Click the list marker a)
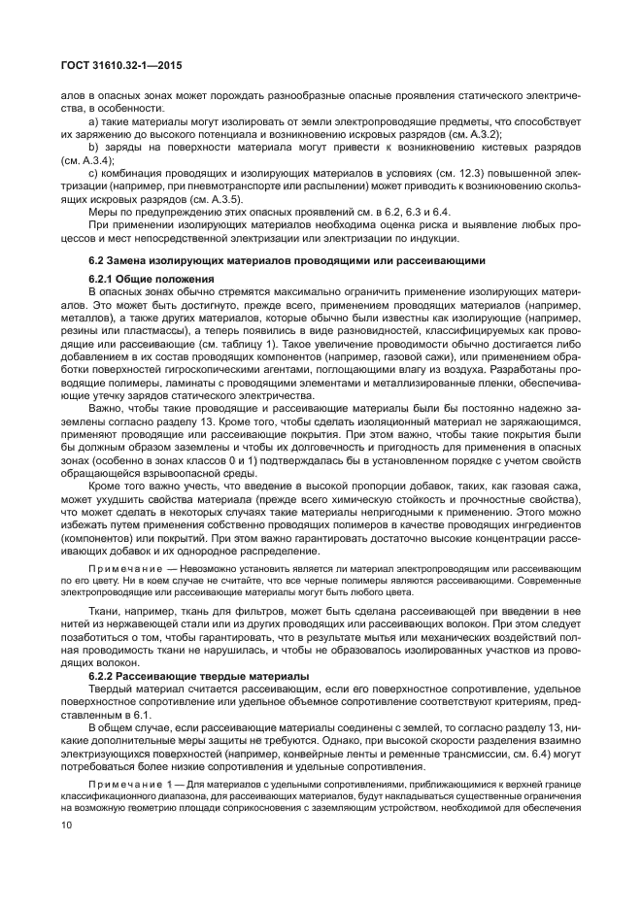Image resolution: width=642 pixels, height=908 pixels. [94, 122]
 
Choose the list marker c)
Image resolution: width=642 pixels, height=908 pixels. [94, 173]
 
